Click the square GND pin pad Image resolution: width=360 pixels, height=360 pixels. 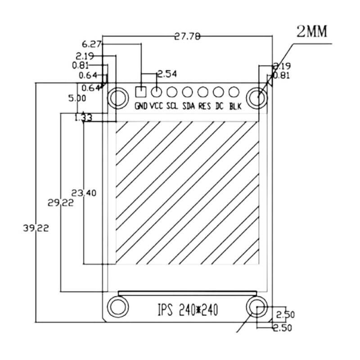(141, 92)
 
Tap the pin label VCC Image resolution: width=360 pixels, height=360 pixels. (156, 107)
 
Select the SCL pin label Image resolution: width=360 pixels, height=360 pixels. (172, 107)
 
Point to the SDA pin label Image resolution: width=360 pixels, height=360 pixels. (188, 107)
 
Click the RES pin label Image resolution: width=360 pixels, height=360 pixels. (204, 107)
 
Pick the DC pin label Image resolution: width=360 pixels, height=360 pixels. (220, 107)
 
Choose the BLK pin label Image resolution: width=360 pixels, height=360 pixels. (235, 107)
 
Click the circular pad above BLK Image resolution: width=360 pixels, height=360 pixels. (233, 92)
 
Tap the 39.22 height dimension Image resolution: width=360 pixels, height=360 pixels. (36, 228)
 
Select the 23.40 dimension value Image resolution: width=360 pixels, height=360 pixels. (84, 193)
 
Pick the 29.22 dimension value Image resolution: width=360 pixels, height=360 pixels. (61, 202)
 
